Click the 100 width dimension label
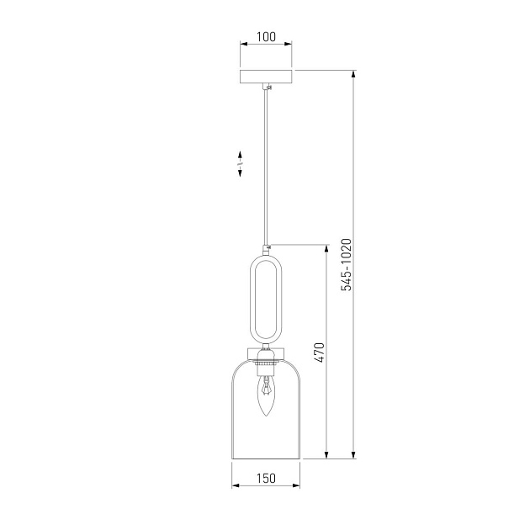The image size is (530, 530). click(266, 37)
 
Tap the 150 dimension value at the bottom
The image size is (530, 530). click(266, 479)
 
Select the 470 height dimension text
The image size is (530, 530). click(319, 351)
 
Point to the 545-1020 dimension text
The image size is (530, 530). click(345, 265)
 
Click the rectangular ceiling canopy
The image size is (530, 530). click(266, 77)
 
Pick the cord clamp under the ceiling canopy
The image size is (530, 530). click(268, 87)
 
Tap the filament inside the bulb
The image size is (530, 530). click(266, 390)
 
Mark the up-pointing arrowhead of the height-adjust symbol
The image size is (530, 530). click(241, 155)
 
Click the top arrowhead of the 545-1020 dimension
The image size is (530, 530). click(354, 75)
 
